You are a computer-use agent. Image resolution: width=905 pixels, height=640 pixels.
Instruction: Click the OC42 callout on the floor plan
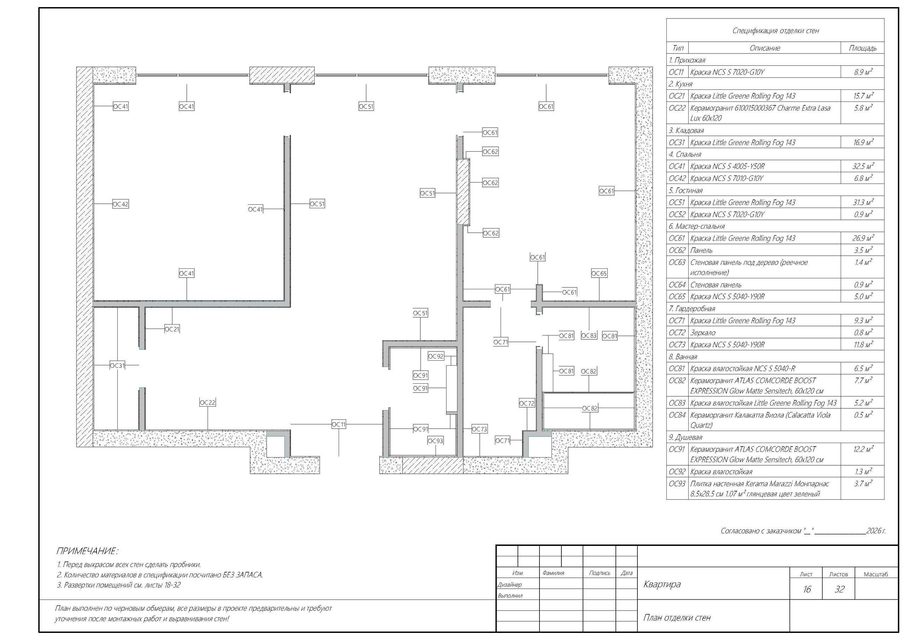tap(121, 204)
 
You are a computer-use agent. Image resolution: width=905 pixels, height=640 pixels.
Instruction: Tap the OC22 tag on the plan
tap(208, 403)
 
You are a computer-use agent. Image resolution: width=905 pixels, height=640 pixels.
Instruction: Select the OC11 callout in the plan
tap(339, 424)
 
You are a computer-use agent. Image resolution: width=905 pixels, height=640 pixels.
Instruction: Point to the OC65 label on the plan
tap(599, 273)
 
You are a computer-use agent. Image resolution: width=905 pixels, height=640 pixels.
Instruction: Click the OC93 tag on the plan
tap(436, 441)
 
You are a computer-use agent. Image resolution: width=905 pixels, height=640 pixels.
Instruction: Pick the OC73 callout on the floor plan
tap(480, 429)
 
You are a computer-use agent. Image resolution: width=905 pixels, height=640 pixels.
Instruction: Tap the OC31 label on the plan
tap(117, 366)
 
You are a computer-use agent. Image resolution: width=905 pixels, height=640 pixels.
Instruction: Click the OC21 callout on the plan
tap(172, 329)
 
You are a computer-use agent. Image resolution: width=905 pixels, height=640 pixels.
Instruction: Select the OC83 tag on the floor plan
tap(589, 336)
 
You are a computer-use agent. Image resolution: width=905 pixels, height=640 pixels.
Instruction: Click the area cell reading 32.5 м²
tap(863, 166)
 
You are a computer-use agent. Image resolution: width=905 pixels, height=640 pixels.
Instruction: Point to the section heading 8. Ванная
tap(683, 356)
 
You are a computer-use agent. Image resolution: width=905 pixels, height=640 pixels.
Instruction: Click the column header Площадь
tap(863, 48)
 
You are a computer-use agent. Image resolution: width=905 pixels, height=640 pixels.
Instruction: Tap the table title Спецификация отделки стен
tap(775, 30)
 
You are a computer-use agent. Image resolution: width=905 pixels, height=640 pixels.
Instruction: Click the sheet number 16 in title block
tap(806, 589)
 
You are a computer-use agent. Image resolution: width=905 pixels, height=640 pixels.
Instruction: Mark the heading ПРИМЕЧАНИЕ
tap(87, 551)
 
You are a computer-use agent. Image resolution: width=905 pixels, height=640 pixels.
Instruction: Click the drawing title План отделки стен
tap(677, 617)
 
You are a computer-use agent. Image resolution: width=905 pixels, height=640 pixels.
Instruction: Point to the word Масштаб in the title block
tap(876, 574)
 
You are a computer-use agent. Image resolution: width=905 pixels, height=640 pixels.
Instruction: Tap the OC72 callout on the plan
tap(527, 403)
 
